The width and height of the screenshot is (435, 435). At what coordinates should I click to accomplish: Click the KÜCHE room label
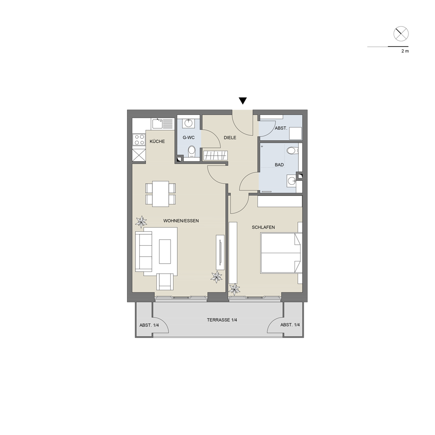coord(157,141)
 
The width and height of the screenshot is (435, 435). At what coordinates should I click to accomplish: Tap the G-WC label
coord(188,137)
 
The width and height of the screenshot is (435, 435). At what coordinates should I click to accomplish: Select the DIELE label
coord(230,137)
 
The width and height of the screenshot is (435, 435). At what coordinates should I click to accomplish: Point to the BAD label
coord(279,165)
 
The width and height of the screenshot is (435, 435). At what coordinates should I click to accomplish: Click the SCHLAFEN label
coord(263,227)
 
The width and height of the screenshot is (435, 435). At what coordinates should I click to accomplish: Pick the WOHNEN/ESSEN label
coord(181,221)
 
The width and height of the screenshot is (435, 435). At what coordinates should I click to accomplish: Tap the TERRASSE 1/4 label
coord(222,320)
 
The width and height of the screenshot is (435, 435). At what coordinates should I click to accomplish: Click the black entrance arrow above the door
coord(243,101)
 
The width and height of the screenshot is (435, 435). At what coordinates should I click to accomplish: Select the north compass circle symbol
coord(401,34)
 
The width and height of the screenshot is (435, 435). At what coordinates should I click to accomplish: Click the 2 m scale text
coord(405,51)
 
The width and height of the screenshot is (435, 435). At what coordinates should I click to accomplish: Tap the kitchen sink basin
coord(157,123)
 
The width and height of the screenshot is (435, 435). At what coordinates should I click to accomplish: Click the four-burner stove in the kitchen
coord(139,140)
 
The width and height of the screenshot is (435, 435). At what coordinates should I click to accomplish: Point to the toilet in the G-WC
coord(192,152)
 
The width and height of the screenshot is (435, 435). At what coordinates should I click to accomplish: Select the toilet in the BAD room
coord(292,151)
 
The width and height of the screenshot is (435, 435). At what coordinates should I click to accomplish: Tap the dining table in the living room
coord(161,194)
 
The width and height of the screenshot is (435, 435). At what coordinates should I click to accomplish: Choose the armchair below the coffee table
coord(165,281)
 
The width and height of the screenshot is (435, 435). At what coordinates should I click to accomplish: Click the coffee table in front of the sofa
coord(165,251)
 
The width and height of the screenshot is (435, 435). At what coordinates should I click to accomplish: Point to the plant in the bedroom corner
coord(234,289)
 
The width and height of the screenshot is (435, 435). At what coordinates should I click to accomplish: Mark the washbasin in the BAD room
coord(291,181)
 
